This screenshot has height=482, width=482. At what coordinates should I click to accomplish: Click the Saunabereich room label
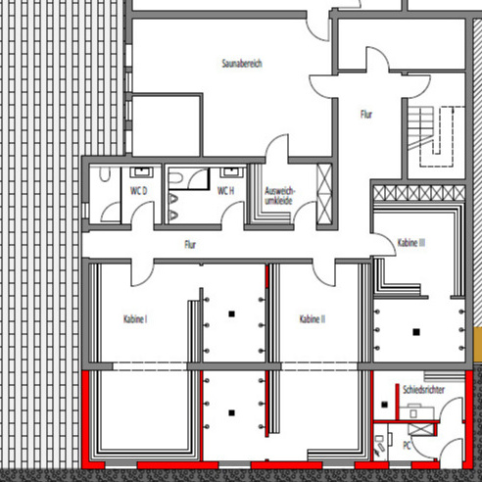pyautogui.click(x=242, y=64)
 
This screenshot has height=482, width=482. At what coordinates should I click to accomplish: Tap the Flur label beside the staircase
pyautogui.click(x=366, y=115)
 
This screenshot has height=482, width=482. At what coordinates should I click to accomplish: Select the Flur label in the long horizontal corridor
pyautogui.click(x=190, y=244)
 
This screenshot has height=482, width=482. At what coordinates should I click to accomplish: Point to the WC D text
pyautogui.click(x=139, y=191)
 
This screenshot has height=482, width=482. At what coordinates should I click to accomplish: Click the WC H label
pyautogui.click(x=225, y=191)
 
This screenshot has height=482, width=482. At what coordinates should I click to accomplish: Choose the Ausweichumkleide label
pyautogui.click(x=279, y=196)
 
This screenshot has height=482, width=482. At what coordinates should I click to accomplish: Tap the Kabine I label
pyautogui.click(x=135, y=318)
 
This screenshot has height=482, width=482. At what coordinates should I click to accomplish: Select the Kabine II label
pyautogui.click(x=313, y=318)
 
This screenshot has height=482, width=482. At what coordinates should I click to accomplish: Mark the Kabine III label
pyautogui.click(x=411, y=243)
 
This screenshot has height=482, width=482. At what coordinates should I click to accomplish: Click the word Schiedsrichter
pyautogui.click(x=423, y=390)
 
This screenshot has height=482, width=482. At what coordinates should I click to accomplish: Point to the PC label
pyautogui.click(x=407, y=445)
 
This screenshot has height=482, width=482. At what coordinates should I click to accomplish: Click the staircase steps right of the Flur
pyautogui.click(x=421, y=128)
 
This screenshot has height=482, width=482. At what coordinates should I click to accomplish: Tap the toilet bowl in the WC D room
pyautogui.click(x=105, y=174)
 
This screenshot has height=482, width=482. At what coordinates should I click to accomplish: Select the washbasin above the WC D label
pyautogui.click(x=142, y=171)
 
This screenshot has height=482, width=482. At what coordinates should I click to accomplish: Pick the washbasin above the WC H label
pyautogui.click(x=231, y=171)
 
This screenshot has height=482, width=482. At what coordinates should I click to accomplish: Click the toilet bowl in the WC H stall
pyautogui.click(x=175, y=178)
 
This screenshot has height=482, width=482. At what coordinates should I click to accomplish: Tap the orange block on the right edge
pyautogui.click(x=477, y=345)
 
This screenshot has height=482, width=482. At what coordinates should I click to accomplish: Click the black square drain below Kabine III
pyautogui.click(x=416, y=332)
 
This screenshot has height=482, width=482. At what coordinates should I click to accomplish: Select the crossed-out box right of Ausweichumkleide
pyautogui.click(x=324, y=194)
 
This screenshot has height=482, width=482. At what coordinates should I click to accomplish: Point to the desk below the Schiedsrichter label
pyautogui.click(x=417, y=413)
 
